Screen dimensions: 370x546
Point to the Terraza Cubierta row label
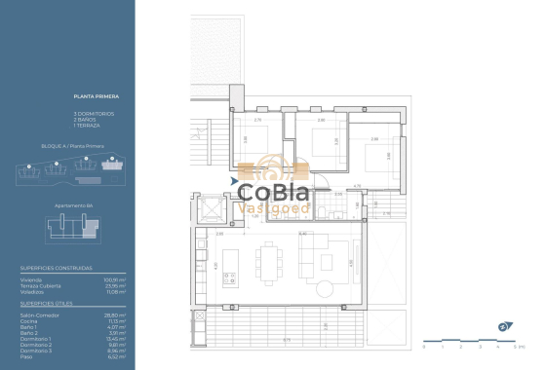[x=38, y=285]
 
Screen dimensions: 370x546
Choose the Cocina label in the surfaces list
[x=28, y=321]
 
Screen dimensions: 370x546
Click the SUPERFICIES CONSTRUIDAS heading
[x=56, y=268]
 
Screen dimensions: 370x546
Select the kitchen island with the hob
[x=230, y=262]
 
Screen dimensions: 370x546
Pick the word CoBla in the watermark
[x=276, y=189]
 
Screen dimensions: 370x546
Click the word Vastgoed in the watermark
[x=275, y=207]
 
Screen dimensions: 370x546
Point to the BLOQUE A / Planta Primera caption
[x=73, y=145]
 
